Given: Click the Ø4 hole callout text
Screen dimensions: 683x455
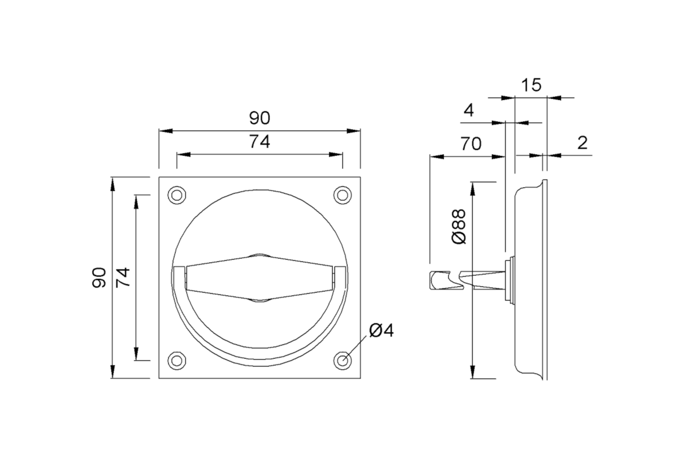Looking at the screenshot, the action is [381, 330].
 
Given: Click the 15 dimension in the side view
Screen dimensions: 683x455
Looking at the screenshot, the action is [531, 85].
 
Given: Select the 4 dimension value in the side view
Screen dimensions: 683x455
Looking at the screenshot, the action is [469, 110].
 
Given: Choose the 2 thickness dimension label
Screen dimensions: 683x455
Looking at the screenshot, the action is [582, 143].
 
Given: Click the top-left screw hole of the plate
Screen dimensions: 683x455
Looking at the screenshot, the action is [177, 195].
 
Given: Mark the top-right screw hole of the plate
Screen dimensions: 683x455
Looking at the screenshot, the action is [343, 195].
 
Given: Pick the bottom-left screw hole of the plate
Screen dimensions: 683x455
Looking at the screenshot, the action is [177, 361].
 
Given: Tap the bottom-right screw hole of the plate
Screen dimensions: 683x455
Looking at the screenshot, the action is [343, 361].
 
